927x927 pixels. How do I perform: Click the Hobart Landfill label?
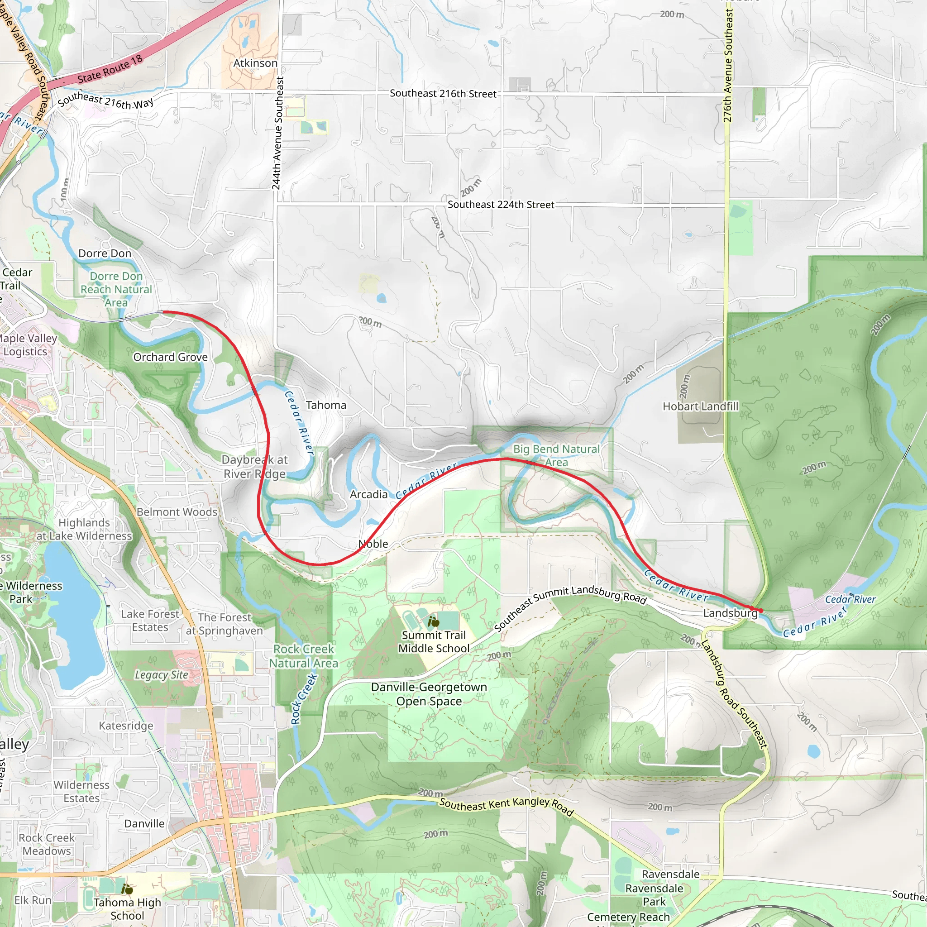[x=700, y=406]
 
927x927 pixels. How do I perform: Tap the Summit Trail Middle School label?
[x=434, y=641]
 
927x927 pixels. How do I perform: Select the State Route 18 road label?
[x=110, y=69]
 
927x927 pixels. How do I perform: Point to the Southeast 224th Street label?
[x=501, y=205]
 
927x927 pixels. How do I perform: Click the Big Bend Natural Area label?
[x=556, y=455]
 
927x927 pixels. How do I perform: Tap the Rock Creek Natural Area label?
[x=303, y=656]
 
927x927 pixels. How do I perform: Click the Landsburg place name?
[x=730, y=613]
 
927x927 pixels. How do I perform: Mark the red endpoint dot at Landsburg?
[x=761, y=610]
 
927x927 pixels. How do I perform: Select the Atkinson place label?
[x=255, y=63]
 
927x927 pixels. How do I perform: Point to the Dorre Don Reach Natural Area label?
[x=116, y=289]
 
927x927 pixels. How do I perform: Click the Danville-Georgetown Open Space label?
[x=429, y=694]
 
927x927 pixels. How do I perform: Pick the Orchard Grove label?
[x=170, y=357]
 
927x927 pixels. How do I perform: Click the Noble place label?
[x=373, y=544]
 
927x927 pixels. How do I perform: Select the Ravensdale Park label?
[x=654, y=895]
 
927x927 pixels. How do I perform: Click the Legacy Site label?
[x=161, y=674]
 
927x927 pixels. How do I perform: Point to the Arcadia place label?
[x=368, y=494]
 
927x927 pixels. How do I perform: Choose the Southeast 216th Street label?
[x=443, y=94]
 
